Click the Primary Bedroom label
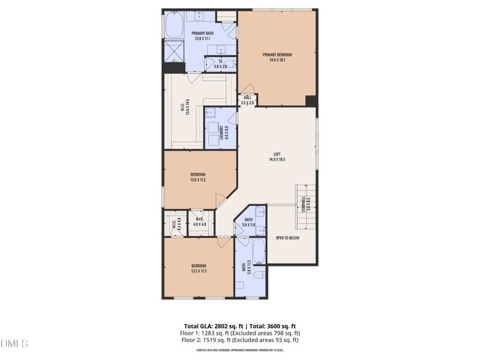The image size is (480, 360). (277, 57)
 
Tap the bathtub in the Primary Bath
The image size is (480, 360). (174, 26)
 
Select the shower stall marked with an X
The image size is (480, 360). (174, 51)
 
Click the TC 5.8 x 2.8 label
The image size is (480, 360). (220, 64)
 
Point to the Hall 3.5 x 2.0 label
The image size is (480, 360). (247, 100)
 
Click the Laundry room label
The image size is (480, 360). (221, 132)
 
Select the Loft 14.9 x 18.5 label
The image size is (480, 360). (277, 157)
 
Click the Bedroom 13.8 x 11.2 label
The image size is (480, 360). (198, 177)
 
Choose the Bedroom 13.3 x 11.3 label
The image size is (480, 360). (199, 268)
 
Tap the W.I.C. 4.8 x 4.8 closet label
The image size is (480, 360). (200, 221)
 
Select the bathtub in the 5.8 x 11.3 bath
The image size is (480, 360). (259, 252)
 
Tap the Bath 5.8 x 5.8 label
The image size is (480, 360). (248, 222)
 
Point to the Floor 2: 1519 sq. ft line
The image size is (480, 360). (240, 340)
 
